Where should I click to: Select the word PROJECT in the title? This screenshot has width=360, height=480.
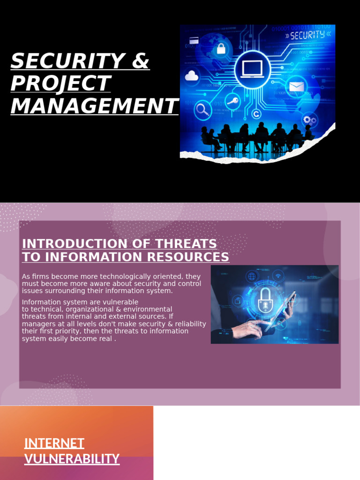pos(60,83)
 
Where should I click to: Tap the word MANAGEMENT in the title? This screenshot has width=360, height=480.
pos(94,106)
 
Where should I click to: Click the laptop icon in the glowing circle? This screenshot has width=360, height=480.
pos(252,69)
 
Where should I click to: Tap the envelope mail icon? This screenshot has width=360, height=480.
pos(296,87)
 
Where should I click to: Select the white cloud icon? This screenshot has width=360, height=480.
pos(192,76)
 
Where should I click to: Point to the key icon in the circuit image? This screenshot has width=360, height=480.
pos(232,100)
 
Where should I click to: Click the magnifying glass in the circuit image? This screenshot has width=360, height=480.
pos(203,110)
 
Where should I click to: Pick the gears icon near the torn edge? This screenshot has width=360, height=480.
pos(309,120)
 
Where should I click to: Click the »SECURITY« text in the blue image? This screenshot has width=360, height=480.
pos(308,35)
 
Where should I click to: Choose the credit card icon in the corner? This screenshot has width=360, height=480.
pos(194,40)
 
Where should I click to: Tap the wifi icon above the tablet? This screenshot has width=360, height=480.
pos(277,275)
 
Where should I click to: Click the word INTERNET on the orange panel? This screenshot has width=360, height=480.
pos(54,443)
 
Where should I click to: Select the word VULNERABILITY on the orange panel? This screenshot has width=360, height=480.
pos(72,458)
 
